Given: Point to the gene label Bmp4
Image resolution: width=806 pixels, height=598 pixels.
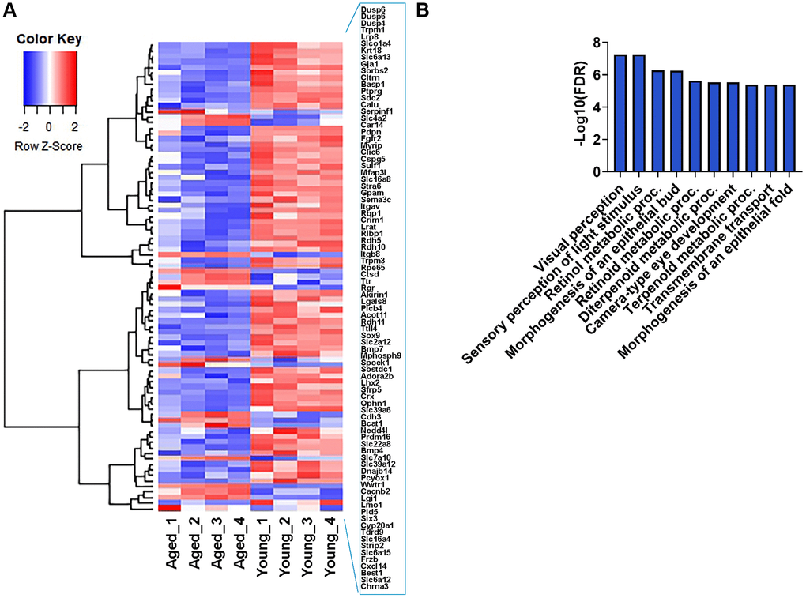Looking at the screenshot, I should click(x=360, y=450).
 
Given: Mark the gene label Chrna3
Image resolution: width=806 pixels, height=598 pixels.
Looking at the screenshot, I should click(x=363, y=587).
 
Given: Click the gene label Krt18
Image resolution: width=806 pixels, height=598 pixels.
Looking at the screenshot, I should click(x=360, y=51).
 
